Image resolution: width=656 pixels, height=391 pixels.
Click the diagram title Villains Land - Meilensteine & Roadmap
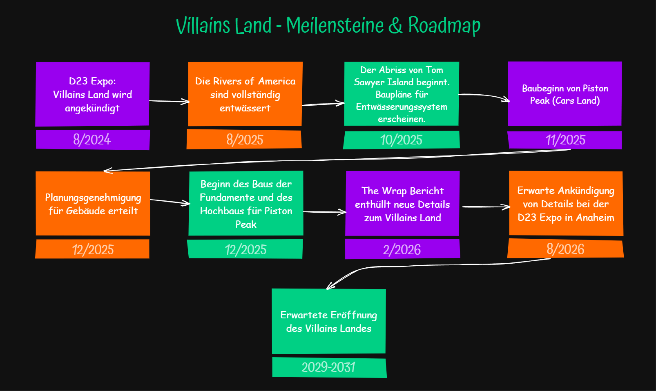tap(328, 25)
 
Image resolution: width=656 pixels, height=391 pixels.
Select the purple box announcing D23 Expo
tap(92, 94)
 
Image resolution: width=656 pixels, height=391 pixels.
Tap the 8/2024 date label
tap(92, 140)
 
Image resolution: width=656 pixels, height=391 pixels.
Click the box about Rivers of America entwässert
tap(245, 94)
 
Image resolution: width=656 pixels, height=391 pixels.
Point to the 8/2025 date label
tap(244, 140)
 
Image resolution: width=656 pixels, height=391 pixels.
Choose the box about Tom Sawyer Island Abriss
tap(402, 94)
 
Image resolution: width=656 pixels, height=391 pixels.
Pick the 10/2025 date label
tap(402, 140)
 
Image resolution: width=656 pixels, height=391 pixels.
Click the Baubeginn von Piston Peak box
tap(565, 94)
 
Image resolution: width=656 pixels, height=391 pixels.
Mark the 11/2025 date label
tap(565, 140)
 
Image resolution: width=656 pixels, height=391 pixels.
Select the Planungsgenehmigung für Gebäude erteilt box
tap(93, 204)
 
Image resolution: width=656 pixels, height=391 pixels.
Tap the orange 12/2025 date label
tap(93, 249)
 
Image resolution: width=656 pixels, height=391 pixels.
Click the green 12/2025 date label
tap(245, 249)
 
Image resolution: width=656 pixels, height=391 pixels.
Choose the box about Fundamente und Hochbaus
tap(246, 204)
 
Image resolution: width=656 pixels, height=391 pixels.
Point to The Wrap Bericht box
tap(402, 204)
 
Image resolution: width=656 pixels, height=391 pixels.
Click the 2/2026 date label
tap(402, 249)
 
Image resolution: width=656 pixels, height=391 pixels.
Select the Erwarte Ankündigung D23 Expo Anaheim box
tap(566, 204)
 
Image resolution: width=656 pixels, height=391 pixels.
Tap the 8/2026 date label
tap(565, 249)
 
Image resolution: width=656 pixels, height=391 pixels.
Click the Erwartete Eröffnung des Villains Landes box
tap(329, 321)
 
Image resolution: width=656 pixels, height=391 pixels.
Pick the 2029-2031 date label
tap(329, 367)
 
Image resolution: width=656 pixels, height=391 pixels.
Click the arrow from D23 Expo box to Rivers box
tap(169, 101)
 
